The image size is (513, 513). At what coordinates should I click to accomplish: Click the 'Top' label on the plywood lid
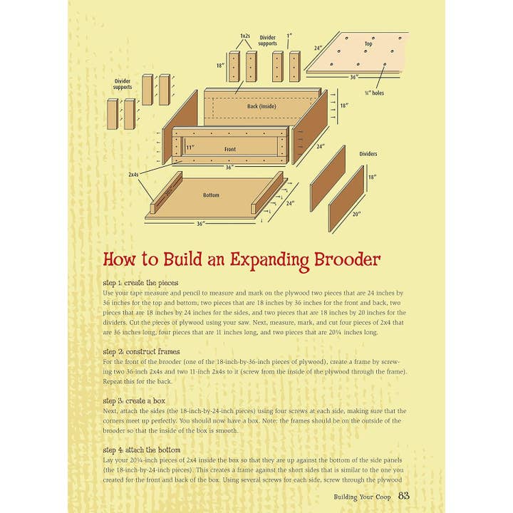368,43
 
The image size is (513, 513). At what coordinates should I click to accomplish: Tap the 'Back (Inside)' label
262,106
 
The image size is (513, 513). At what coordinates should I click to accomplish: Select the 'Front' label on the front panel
229,150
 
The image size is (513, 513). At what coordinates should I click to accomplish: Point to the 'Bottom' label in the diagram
211,195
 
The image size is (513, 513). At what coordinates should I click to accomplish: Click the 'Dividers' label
368,153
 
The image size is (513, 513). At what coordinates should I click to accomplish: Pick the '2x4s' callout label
134,174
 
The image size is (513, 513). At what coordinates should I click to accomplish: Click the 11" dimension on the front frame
190,147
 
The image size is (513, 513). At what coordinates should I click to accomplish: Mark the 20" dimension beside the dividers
356,214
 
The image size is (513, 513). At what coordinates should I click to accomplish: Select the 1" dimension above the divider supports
290,36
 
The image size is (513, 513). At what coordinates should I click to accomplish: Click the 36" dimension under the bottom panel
202,223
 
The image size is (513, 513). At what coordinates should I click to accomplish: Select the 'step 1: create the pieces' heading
140,283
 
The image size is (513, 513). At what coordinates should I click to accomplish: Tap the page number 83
403,496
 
